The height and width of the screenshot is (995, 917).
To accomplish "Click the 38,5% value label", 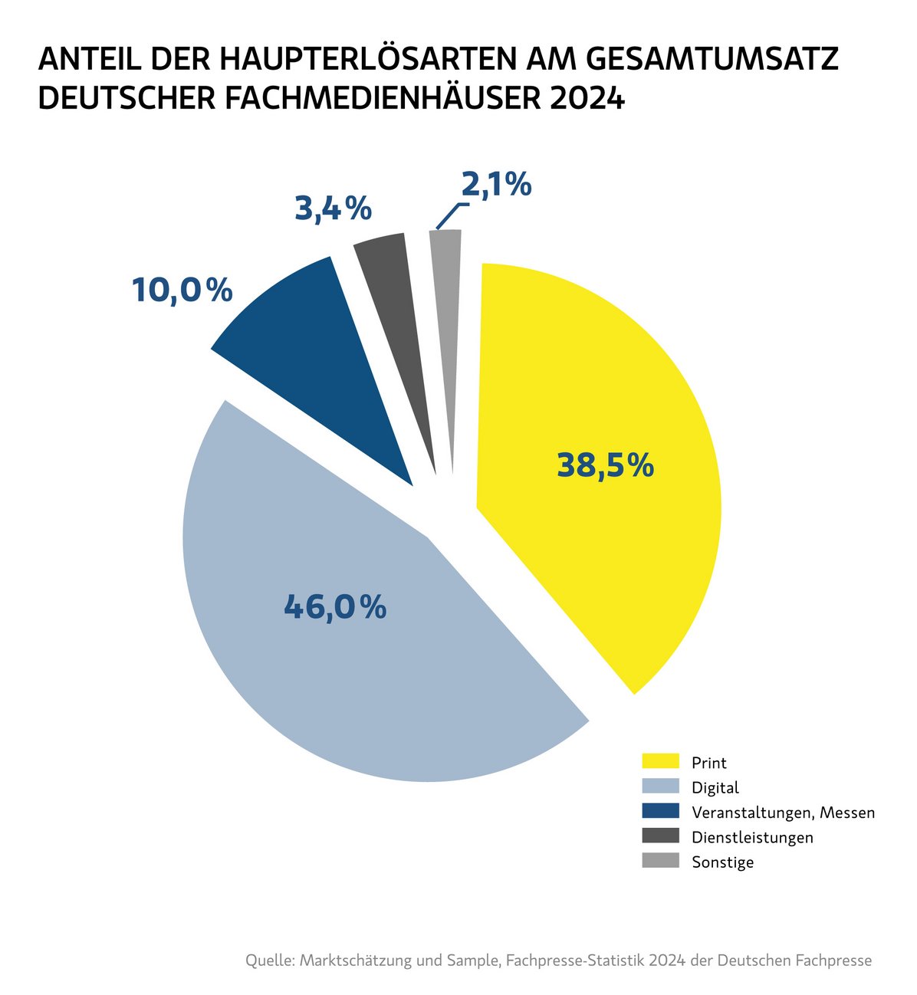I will [605, 465].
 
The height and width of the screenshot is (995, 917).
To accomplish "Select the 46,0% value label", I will [335, 607].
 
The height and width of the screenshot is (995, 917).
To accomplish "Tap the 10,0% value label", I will [182, 291].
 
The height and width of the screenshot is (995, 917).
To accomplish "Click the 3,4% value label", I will [333, 209].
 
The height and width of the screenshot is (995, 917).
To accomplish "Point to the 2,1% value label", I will [496, 185].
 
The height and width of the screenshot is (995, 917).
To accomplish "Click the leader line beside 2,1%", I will [449, 215].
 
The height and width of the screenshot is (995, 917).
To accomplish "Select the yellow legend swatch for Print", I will [660, 761].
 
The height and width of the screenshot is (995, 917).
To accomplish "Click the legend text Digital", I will [715, 787].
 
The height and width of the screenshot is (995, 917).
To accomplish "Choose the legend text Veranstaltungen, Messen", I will [783, 813].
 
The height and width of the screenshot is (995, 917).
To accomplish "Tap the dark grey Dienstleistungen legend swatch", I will [660, 836].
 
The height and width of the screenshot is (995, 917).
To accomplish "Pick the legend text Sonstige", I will [722, 862].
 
